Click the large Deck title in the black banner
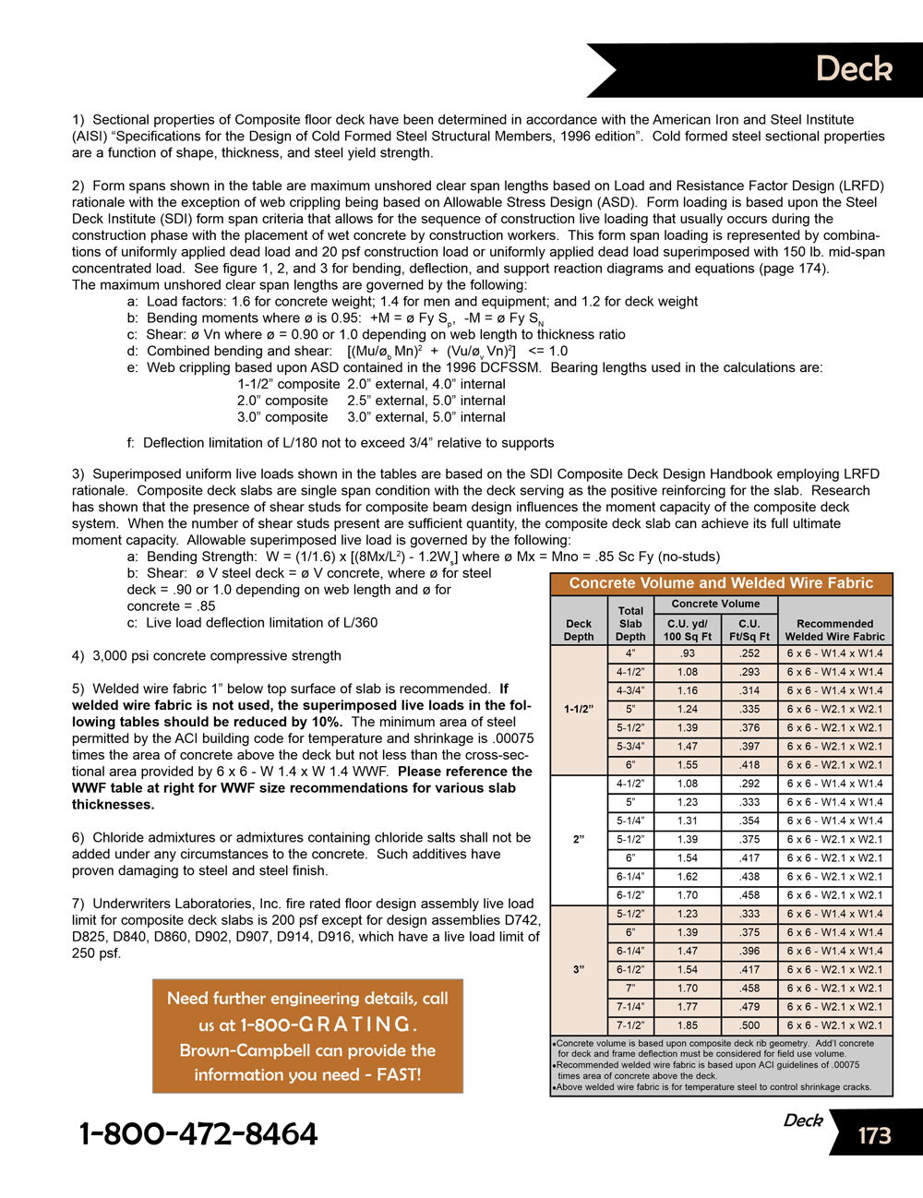854,69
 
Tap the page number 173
874,1135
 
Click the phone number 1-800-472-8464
198,1133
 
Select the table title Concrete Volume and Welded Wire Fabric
721,583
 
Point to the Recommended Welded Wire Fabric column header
834,629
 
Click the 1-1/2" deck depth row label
579,710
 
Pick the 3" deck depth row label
579,970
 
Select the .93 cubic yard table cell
688,653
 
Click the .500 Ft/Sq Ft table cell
749,1025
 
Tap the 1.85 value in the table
688,1025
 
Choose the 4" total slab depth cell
630,653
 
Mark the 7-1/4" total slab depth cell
630,1007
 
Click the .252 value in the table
749,653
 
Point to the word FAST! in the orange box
399,1074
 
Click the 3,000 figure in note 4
113,656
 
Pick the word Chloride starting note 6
118,838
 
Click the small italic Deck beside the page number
803,1120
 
